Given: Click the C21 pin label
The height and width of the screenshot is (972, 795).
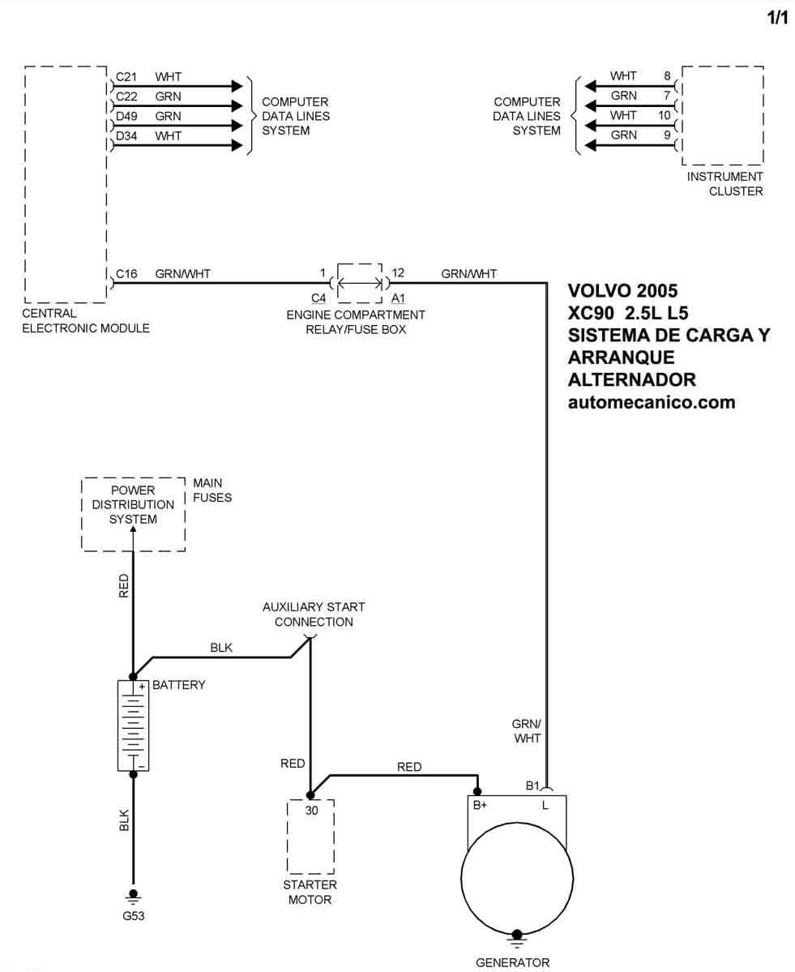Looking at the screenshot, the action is [x=126, y=77].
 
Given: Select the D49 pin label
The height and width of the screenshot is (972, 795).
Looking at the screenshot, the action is [x=126, y=117].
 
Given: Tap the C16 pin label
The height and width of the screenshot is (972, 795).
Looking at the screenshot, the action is [x=126, y=274].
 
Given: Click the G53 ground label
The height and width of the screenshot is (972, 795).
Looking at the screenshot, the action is [x=133, y=915].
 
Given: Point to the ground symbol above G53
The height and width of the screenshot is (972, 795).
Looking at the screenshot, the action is [x=133, y=897].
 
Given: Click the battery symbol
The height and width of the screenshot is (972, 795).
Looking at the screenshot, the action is [x=133, y=726].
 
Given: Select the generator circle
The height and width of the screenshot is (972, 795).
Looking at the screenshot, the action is [x=517, y=878].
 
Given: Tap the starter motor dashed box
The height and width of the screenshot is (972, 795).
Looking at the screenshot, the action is [x=310, y=837].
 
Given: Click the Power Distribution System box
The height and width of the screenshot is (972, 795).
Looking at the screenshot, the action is [x=133, y=514].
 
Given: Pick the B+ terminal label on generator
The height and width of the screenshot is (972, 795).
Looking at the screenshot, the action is [x=480, y=805].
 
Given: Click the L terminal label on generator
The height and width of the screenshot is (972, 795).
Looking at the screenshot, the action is [x=545, y=805].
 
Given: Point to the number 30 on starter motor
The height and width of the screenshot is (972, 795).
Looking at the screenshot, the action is [x=312, y=810].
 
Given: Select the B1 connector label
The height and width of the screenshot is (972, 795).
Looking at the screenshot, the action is [x=532, y=786].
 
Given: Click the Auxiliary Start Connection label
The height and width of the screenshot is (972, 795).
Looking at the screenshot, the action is [x=314, y=614].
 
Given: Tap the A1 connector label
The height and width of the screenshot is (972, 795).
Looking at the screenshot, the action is [x=398, y=298].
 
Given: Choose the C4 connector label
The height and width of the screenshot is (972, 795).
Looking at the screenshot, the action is [x=318, y=298].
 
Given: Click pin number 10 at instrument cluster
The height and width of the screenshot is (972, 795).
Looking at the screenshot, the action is [x=665, y=115].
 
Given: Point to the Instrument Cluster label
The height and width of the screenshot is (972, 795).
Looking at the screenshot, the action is [x=724, y=184].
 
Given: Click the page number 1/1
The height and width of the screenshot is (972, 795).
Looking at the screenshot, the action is [x=778, y=17].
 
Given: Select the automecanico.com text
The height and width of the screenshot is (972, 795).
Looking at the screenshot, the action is [x=652, y=402].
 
